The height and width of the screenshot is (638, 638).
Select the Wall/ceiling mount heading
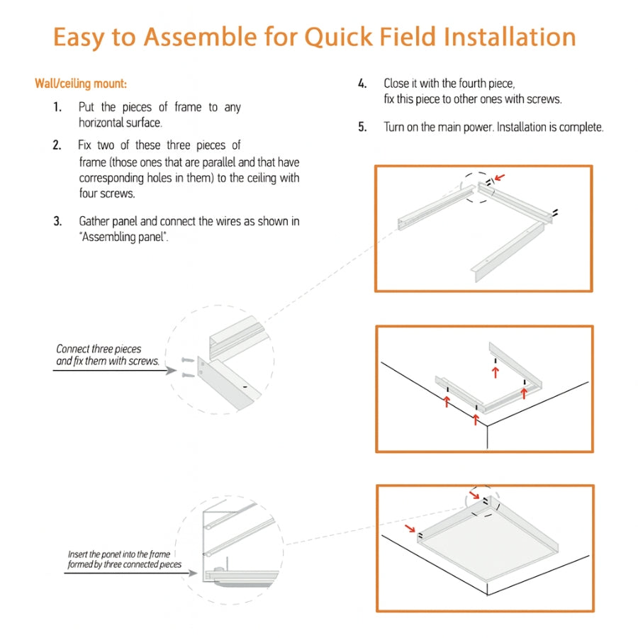81,84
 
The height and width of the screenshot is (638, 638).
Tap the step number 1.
57,107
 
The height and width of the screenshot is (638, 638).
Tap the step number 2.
57,145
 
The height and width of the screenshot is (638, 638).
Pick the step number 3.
57,221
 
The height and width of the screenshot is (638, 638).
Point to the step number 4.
362,84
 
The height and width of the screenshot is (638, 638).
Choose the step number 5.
362,128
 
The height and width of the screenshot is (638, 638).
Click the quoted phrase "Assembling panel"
123,237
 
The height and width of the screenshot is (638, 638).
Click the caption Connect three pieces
99,349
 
